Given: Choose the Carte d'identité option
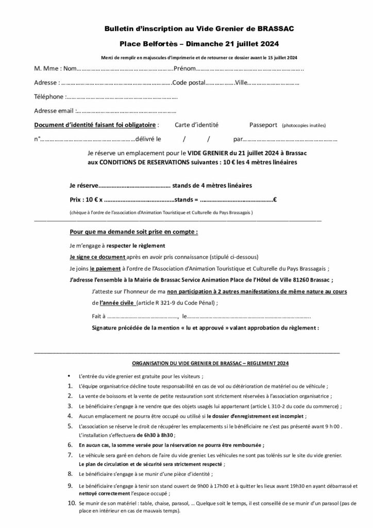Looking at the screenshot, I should point(196,125).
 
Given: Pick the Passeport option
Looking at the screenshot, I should point(263,125).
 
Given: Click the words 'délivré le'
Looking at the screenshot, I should point(147,139).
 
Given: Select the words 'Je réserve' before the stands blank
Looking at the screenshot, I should point(82,185).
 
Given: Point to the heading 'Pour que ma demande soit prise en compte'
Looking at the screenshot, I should point(133,232).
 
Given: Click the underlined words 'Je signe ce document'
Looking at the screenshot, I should point(97,257).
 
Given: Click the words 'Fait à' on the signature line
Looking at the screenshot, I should point(98,316).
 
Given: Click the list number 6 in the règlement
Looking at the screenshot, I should point(70,444).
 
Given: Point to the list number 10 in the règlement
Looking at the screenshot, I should point(72,503).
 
